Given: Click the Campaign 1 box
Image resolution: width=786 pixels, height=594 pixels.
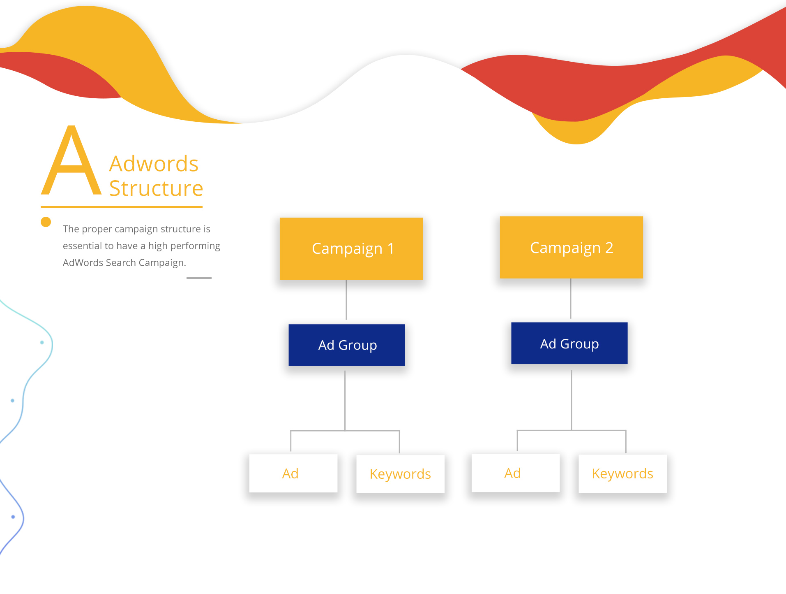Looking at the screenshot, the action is (351, 248).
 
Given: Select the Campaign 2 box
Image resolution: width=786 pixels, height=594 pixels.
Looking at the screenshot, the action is (572, 247).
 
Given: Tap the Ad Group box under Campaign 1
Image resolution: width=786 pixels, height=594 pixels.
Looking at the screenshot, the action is (347, 345).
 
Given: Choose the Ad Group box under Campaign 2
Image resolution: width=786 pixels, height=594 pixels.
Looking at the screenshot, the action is (569, 343).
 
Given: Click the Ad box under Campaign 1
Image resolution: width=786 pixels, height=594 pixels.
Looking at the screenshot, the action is (293, 473).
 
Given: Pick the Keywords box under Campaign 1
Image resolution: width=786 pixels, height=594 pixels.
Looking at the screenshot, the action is (401, 474).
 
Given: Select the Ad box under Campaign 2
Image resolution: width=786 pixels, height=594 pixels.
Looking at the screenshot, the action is (516, 473).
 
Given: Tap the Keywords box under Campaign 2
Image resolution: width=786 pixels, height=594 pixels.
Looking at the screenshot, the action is (623, 473).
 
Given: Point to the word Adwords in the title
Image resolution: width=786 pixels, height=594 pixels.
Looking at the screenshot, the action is (154, 164).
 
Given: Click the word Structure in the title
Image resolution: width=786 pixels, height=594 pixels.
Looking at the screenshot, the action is (156, 188).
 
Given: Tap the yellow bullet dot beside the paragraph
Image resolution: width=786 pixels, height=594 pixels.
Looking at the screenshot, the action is (46, 222).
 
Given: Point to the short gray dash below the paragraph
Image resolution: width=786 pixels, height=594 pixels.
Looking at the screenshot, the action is (199, 278).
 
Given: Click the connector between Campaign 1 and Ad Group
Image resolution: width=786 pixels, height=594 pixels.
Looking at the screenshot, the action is (346, 300).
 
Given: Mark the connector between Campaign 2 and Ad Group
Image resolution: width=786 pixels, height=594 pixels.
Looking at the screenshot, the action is (571, 299).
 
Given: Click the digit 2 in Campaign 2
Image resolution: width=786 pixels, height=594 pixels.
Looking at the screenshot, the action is (609, 248).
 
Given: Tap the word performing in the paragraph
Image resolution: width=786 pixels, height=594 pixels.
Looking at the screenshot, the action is (195, 246).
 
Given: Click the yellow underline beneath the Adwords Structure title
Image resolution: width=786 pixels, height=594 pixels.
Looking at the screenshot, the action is (122, 207).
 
